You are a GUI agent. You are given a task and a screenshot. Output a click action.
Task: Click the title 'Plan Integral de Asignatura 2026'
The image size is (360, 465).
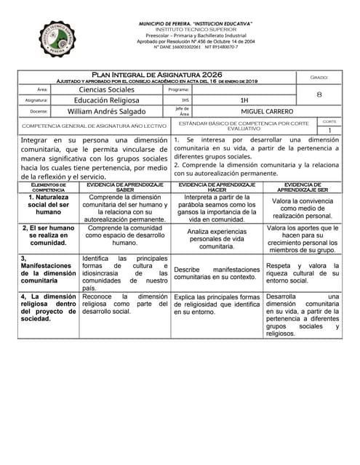click(156, 75)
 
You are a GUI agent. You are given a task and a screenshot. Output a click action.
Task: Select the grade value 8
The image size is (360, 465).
click(320, 94)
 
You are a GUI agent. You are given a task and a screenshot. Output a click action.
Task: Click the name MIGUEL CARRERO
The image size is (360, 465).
click(247, 112)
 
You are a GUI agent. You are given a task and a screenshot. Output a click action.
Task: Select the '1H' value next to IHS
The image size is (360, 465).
click(244, 100)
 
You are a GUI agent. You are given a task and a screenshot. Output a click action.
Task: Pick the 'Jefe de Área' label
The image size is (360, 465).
click(183, 111)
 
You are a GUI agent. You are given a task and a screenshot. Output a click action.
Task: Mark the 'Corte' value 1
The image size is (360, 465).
click(329, 131)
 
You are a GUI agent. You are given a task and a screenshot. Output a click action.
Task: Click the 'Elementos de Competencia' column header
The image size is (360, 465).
click(48, 187)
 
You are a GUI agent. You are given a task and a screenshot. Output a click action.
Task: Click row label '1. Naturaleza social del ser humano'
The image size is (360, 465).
click(48, 204)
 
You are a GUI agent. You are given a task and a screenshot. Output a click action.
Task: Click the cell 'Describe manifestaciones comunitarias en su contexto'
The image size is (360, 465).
click(217, 272)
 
